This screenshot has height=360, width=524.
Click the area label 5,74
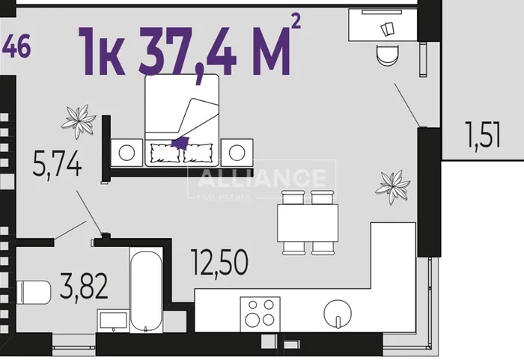[x=57, y=163]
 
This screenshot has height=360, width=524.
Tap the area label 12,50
[x=219, y=263]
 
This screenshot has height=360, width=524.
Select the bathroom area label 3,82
[x=84, y=286]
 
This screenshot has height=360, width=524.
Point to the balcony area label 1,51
[x=484, y=135]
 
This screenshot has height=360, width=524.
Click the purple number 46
[x=16, y=46]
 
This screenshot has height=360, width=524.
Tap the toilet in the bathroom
[x=34, y=293]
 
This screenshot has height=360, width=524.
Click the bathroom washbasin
[x=113, y=320]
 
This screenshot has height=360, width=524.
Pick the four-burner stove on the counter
[x=260, y=314]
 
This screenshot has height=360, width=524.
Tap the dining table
[x=308, y=222]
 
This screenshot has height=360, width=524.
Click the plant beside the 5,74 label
[x=79, y=121]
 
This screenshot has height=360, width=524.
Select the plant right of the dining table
[x=393, y=186]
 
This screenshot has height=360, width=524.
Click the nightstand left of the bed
[x=127, y=153]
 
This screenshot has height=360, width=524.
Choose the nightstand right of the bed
[x=237, y=153]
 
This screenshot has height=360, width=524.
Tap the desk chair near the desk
[x=387, y=55]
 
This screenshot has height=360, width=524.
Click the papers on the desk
[x=388, y=29]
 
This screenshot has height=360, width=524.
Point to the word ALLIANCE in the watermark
[x=262, y=178]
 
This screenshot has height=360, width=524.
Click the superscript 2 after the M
[x=296, y=22]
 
